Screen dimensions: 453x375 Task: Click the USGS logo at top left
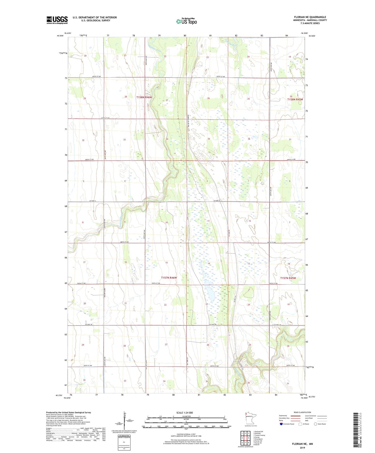pos(57,20)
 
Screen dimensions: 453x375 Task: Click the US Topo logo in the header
pos(186,21)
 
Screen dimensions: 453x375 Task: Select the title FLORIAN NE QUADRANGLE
pos(310,17)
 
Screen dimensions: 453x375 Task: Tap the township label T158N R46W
pos(144,97)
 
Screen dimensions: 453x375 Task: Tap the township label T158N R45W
pos(295,99)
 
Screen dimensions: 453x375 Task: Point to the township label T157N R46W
pos(169,278)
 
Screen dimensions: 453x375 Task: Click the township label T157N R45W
pos(288,278)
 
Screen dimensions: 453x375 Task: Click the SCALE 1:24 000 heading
pos(185,413)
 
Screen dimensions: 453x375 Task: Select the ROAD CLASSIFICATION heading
pos(302,412)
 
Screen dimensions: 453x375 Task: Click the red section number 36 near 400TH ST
pos(249,139)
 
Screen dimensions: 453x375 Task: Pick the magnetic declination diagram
pos(124,420)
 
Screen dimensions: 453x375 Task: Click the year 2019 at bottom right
pos(302,448)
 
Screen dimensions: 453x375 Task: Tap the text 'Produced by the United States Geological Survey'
pos(69,412)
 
